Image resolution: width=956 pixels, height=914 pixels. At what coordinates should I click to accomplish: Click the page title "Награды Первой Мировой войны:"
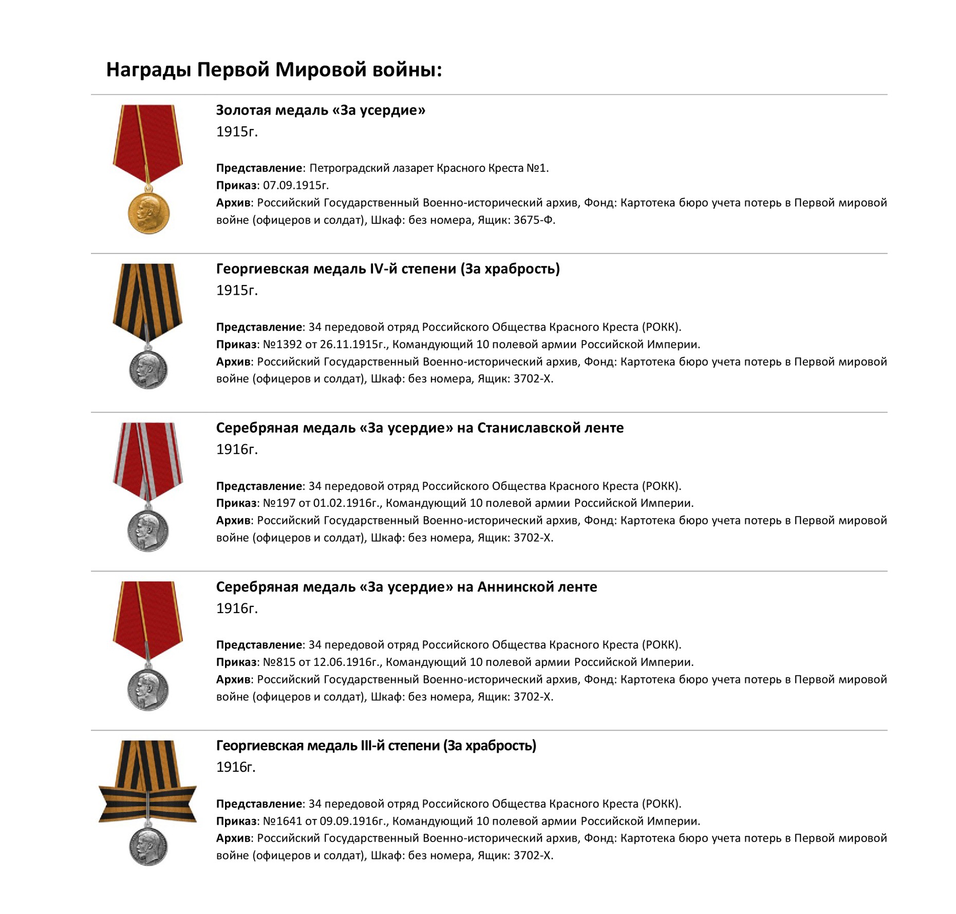pos(274,69)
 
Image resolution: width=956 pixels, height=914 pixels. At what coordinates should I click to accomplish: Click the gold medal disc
pos(148,213)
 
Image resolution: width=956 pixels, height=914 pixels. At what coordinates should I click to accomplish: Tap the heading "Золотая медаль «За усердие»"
pos(321,110)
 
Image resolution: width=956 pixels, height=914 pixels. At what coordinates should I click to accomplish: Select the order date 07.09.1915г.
pos(295,185)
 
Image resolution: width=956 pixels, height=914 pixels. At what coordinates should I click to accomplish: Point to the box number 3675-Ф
pos(534,220)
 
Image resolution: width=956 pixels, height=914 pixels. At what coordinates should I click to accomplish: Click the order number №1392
pos(281,345)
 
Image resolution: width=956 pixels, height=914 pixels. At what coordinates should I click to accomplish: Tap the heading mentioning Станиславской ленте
pos(420,428)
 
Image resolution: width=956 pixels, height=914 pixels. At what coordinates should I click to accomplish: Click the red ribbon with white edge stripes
pos(148,457)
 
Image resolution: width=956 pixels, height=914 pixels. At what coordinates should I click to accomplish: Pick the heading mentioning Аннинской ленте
pos(406,587)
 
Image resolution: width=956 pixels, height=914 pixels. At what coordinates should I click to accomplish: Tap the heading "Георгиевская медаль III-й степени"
pos(376,746)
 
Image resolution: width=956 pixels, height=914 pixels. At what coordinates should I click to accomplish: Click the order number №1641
pos(281,821)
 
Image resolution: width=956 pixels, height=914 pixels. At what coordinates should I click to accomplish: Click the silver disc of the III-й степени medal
pos(148,847)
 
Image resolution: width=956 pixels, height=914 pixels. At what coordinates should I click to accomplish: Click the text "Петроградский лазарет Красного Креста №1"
pos(428,168)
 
